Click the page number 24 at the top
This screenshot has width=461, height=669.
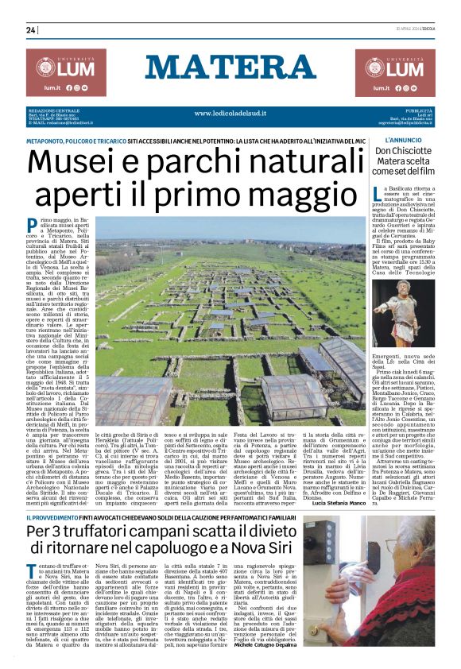pyautogui.click(x=32, y=30)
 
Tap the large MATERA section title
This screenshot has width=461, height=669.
pyautogui.click(x=230, y=68)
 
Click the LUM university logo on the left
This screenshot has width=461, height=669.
pyautogui.click(x=65, y=72)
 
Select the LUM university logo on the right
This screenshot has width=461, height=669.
pyautogui.click(x=395, y=72)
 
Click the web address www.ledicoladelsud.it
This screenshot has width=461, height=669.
pyautogui.click(x=230, y=114)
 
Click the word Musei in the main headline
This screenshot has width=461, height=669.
pyautogui.click(x=79, y=164)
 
